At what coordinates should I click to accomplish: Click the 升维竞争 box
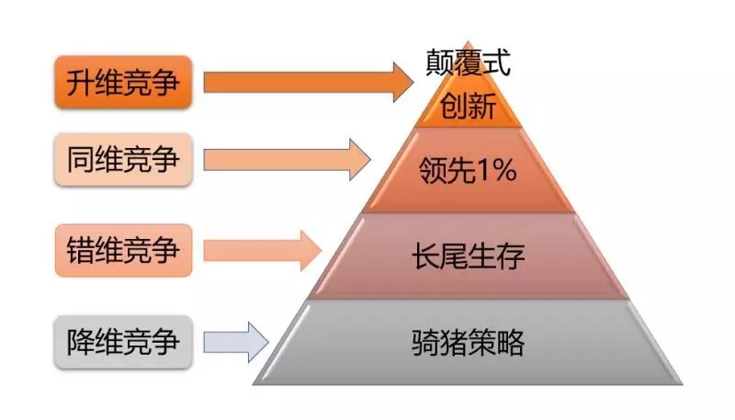(x=123, y=83)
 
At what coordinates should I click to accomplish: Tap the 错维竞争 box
(x=123, y=250)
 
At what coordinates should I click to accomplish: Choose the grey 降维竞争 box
(x=123, y=343)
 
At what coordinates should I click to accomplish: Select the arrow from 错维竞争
(x=262, y=250)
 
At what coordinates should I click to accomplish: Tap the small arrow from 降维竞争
(x=235, y=342)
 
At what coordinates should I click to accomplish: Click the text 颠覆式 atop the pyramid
(x=468, y=62)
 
